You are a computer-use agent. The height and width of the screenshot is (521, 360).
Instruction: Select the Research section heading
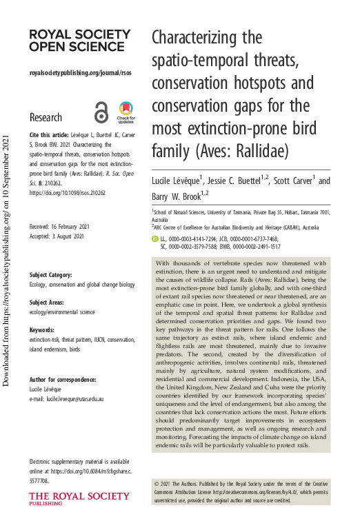(46, 117)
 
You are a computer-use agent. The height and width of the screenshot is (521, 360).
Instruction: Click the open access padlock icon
(101, 112)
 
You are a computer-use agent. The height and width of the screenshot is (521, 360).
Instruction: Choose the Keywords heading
(43, 330)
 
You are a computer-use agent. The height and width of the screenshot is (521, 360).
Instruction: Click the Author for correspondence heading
(63, 380)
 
